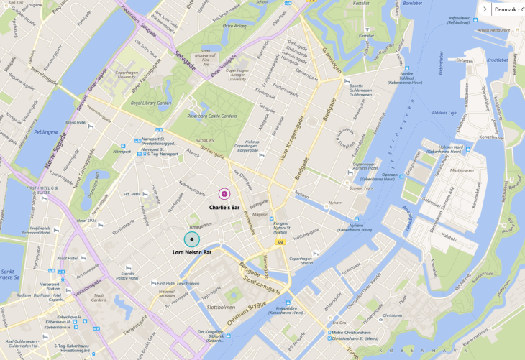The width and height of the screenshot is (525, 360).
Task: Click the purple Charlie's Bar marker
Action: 224,193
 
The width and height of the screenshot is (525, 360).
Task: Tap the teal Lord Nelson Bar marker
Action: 191,239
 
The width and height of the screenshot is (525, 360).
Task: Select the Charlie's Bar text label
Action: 224,207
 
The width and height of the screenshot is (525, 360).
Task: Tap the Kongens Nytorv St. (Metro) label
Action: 268,227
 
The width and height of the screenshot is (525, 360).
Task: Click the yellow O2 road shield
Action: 280,242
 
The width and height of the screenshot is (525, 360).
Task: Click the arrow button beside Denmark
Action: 484,9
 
